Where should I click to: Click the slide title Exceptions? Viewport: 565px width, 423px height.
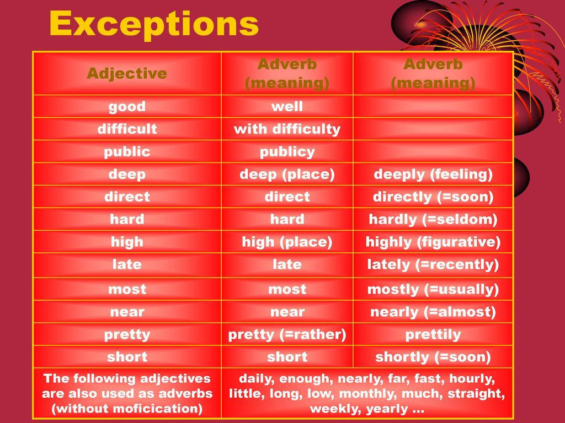coord(154,24)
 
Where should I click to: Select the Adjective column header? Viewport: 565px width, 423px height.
coord(127,74)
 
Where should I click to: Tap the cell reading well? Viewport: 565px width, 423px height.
coord(287,106)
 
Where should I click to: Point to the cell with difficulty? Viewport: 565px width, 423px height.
coord(287,129)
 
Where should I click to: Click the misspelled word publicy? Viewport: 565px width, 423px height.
coord(287,152)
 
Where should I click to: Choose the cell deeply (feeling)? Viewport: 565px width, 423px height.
coord(433,175)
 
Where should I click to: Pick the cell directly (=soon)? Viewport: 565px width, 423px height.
coord(433,197)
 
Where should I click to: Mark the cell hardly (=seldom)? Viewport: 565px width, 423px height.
coord(433,219)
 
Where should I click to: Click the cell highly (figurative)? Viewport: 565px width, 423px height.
coord(433,242)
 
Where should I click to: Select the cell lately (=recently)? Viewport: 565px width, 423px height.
coord(433,265)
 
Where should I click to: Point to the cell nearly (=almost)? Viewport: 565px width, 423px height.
coord(433,312)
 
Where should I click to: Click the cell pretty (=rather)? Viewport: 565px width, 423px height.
coord(287,335)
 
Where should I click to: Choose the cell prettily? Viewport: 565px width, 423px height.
coord(433,335)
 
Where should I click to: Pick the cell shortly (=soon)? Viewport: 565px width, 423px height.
coord(433,357)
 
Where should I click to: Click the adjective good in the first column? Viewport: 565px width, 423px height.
coord(127,107)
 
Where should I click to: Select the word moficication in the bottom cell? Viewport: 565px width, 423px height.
coord(156,409)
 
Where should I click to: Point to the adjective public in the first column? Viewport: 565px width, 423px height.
coord(127,152)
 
